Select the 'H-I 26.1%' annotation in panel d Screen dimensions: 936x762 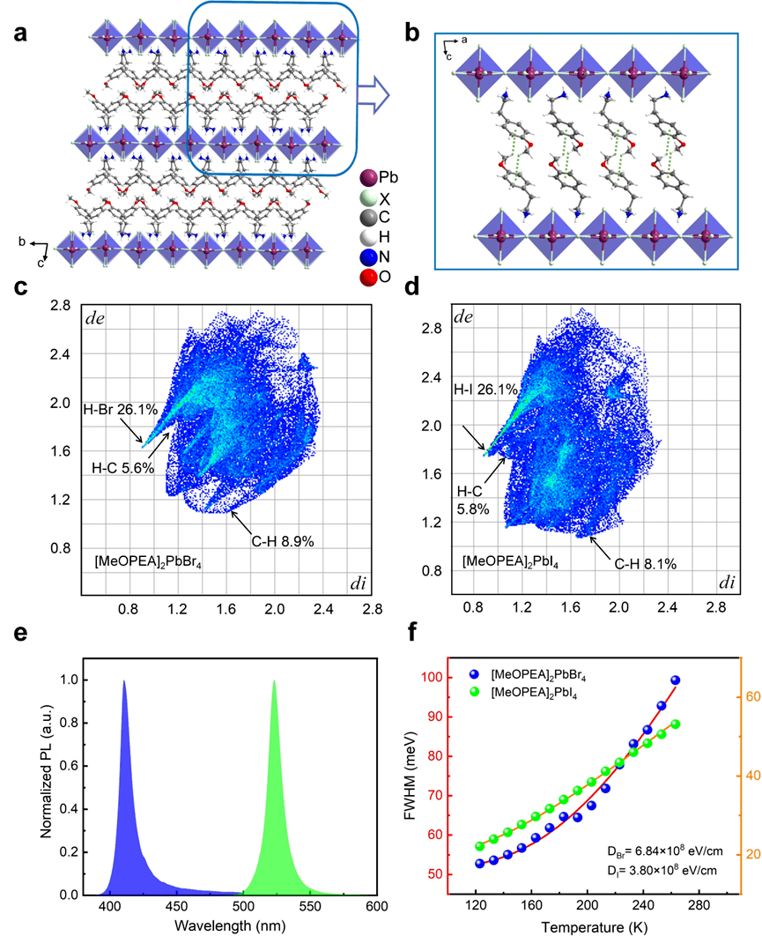[471, 390]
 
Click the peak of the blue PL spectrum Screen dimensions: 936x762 [124, 680]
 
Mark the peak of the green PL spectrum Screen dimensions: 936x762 [274, 680]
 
